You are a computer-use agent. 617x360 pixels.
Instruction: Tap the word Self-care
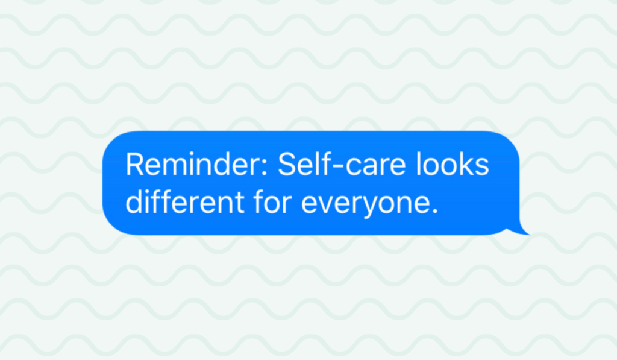(342, 164)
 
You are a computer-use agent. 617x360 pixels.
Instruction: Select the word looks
(452, 164)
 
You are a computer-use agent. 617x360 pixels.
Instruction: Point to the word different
(184, 201)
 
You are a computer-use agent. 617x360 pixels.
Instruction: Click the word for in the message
(273, 201)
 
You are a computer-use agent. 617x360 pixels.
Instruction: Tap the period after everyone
(434, 210)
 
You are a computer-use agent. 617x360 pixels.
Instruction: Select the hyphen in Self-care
(339, 167)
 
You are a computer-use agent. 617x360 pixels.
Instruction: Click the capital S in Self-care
(287, 164)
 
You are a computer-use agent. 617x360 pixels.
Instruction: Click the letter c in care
(353, 167)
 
